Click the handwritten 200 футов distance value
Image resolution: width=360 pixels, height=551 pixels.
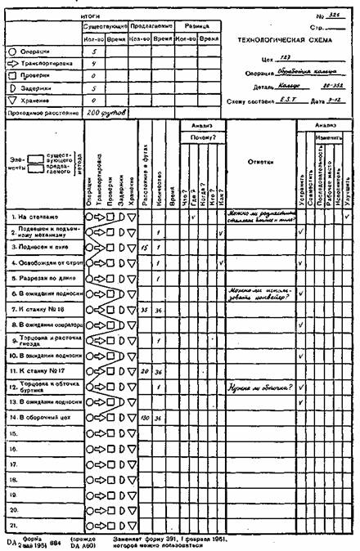pyautogui.click(x=107, y=109)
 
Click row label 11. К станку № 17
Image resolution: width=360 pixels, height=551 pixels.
pyautogui.click(x=36, y=372)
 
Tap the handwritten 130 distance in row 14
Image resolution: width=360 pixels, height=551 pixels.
pyautogui.click(x=145, y=418)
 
